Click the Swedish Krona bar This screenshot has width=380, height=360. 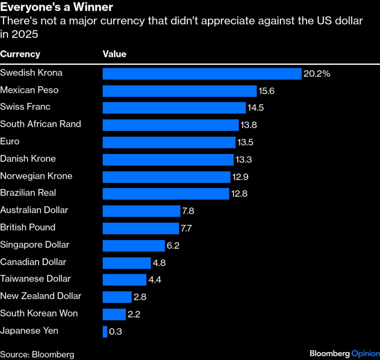[x=202, y=73]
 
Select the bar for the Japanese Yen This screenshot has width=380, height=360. [x=105, y=331]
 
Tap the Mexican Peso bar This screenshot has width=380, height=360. [x=179, y=91]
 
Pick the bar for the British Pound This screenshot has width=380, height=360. [x=140, y=228]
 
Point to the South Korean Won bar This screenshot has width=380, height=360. [x=114, y=314]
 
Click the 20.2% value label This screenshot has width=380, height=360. [x=316, y=73]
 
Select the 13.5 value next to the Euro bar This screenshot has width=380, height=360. [x=244, y=142]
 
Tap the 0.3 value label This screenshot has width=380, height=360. [x=116, y=331]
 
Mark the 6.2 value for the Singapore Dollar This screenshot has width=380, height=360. [x=173, y=245]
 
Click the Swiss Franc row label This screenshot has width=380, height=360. [x=25, y=107]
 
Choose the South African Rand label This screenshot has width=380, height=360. [x=41, y=124]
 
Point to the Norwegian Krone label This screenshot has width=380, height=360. [x=36, y=176]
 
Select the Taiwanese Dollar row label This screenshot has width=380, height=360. [x=35, y=278]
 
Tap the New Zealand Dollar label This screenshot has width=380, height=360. [x=41, y=296]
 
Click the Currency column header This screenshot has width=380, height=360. [x=20, y=54]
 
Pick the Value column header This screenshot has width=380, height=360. [x=115, y=54]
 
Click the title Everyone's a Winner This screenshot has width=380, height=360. [x=56, y=8]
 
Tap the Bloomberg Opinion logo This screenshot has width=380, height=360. [x=344, y=354]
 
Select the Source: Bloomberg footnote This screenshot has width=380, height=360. [x=37, y=354]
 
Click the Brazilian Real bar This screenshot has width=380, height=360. [x=165, y=194]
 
